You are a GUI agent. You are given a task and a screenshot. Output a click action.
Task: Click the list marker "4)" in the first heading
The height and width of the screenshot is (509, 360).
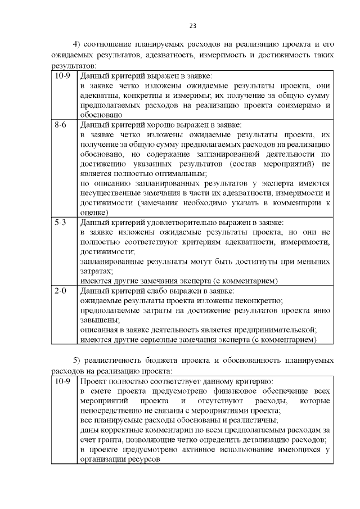click(x=79, y=44)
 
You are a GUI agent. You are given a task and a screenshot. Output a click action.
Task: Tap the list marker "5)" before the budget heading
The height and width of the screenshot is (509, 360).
click(x=79, y=360)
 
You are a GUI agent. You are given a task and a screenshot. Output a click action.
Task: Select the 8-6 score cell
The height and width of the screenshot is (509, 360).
click(x=61, y=125)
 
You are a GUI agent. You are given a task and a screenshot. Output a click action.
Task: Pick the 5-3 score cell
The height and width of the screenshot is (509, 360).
click(x=61, y=223)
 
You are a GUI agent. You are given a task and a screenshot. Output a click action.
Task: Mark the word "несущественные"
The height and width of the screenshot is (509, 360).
click(x=108, y=193)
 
